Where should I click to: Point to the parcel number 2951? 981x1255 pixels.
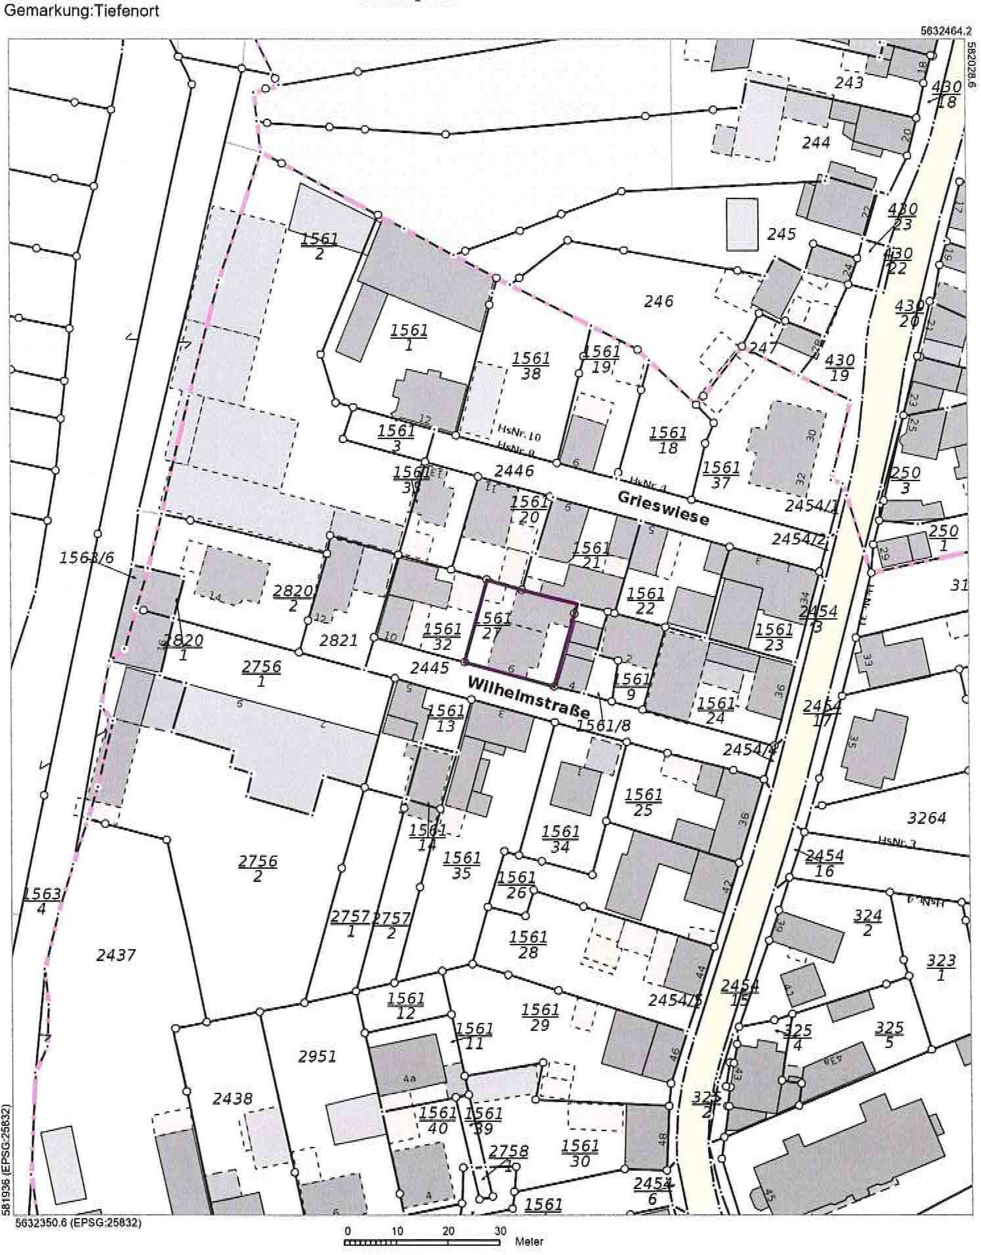pos(317,1056)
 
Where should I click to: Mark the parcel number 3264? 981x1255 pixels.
pos(927,818)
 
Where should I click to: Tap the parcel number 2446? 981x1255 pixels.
pos(514,471)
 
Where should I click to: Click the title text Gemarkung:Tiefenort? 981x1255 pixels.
pos(81,11)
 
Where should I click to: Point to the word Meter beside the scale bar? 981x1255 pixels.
pos(529,1241)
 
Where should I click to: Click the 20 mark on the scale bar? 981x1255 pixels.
pos(449,1231)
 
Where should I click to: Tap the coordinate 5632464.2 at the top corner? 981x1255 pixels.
pos(944,32)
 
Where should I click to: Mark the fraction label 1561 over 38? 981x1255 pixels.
pos(531,366)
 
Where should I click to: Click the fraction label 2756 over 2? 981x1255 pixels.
pos(258,868)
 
